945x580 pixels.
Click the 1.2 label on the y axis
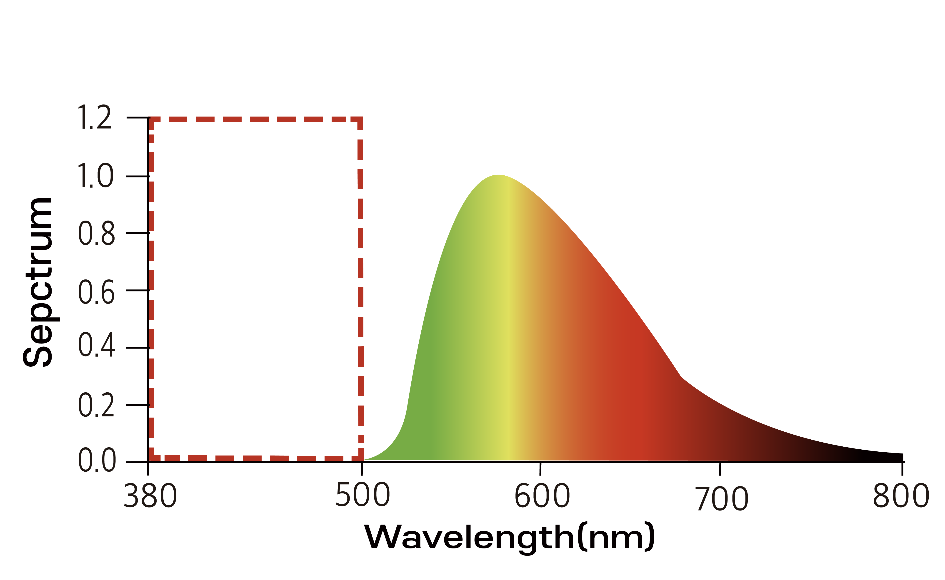tap(94, 117)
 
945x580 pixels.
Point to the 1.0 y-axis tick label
tap(95, 176)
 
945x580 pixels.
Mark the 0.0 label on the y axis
tap(97, 460)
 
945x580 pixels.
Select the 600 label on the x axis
tap(542, 496)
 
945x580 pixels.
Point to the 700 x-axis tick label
tap(722, 499)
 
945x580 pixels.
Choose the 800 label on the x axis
tap(901, 496)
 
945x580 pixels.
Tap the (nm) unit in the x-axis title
tap(616, 537)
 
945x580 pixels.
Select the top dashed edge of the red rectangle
tap(255, 119)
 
